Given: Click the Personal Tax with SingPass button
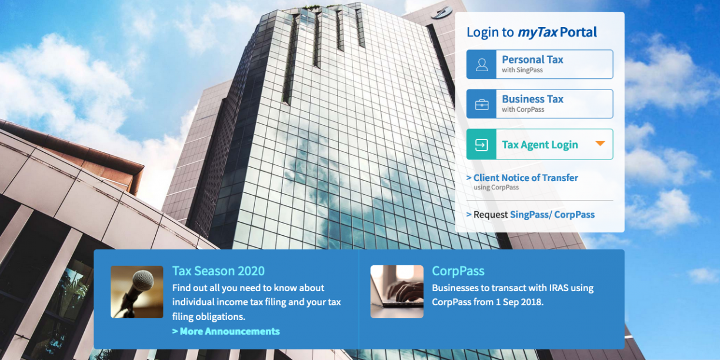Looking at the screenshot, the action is click(x=539, y=64).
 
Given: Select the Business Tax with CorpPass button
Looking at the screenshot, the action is click(x=539, y=104).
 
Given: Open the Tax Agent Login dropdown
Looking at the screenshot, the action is click(x=539, y=144).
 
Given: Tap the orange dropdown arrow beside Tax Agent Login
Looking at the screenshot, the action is click(x=600, y=144).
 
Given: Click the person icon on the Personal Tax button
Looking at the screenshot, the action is click(x=482, y=65).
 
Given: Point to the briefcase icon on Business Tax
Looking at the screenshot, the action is click(x=482, y=105).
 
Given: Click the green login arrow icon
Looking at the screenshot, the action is click(x=482, y=145).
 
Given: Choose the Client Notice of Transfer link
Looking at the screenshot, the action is click(x=525, y=178).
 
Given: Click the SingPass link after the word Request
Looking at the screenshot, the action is click(x=531, y=214).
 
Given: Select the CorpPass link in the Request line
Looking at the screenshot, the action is click(x=574, y=214).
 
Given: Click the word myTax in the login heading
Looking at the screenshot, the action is click(x=538, y=32).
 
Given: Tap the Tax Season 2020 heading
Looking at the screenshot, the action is click(x=218, y=271).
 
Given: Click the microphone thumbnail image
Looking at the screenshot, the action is click(x=137, y=292).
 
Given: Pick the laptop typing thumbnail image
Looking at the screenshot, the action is click(x=397, y=292).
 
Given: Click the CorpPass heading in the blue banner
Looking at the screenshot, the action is click(x=458, y=271).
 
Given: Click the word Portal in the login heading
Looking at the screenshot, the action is click(x=578, y=32).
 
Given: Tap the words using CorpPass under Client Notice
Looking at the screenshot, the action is click(x=496, y=188).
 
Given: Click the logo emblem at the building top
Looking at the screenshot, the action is click(x=442, y=13).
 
